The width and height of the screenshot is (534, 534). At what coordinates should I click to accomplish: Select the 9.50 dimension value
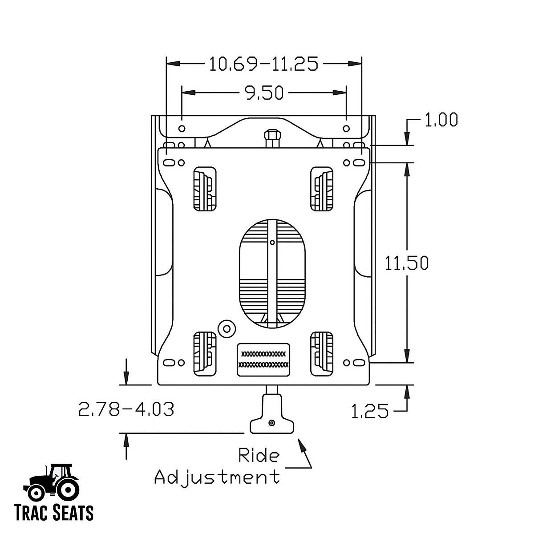[x=264, y=93]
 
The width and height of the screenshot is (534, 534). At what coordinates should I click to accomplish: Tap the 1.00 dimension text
[x=441, y=121]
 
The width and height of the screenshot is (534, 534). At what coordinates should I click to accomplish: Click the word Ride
[x=259, y=456]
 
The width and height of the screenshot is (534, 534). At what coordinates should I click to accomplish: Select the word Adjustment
[x=217, y=477]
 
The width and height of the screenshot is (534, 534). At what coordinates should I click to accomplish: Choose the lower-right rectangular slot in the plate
[x=322, y=352]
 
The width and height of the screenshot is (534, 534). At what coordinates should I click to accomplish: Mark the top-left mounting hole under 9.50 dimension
[x=182, y=129]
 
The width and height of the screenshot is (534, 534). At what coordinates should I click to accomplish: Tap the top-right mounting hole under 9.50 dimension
[x=346, y=129]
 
